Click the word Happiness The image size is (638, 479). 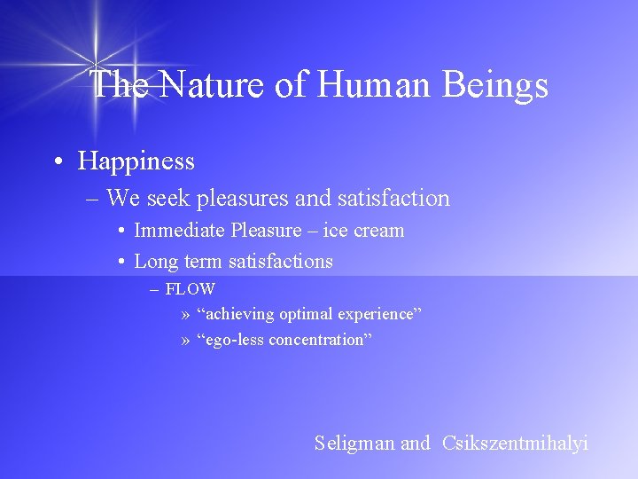(136, 161)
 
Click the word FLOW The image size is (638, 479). (190, 289)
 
